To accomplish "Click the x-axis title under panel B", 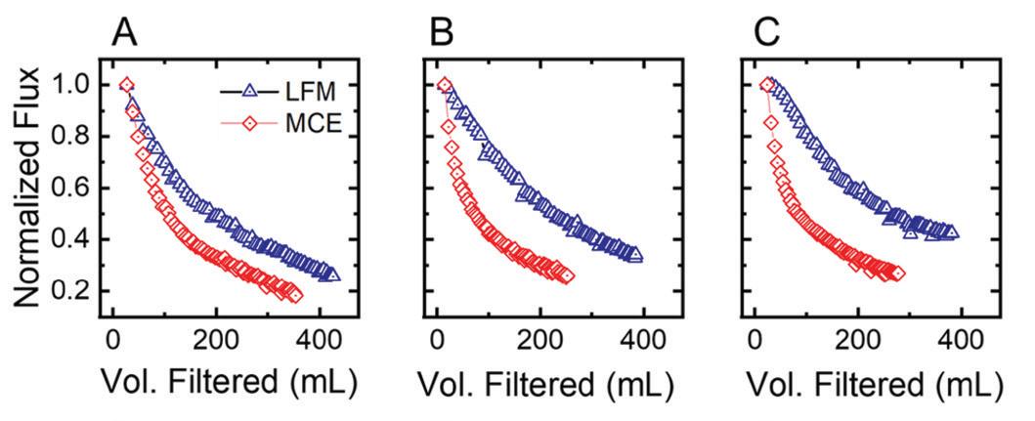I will [x=545, y=387].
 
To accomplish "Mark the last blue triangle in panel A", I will [x=333, y=274].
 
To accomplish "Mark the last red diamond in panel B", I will [x=567, y=276].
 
